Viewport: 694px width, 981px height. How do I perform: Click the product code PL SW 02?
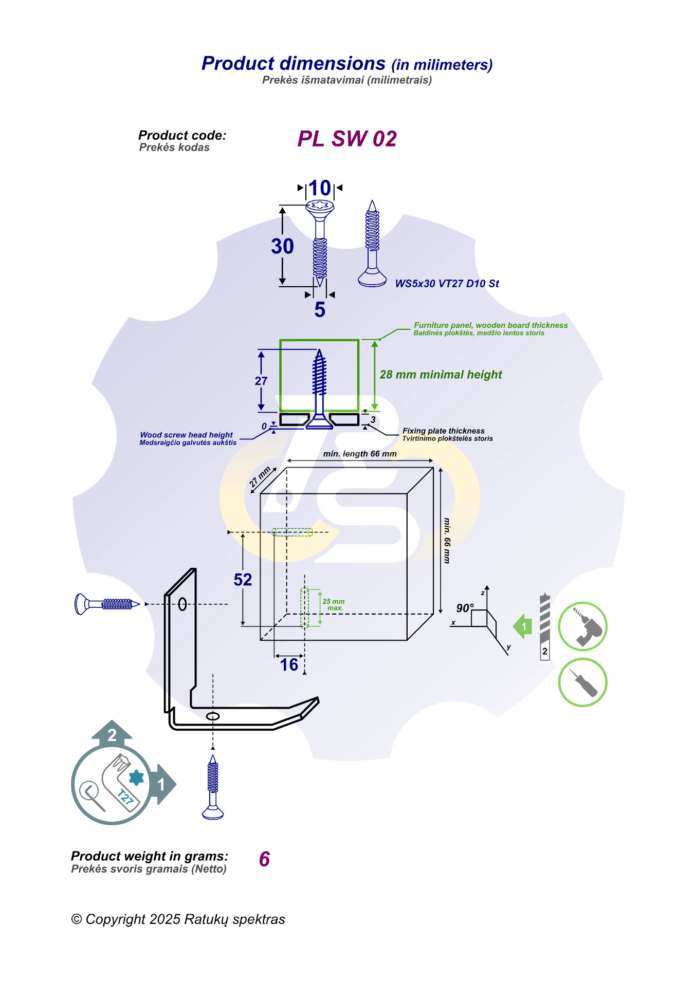347,139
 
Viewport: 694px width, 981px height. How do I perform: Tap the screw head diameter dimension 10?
320,188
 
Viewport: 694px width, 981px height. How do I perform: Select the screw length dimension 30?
282,246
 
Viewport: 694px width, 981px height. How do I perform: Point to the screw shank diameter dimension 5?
320,309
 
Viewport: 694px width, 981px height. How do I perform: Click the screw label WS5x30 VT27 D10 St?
447,284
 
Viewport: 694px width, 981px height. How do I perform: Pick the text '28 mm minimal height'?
441,375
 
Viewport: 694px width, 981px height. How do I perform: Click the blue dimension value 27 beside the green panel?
261,381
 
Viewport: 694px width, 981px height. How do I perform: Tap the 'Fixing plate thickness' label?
443,431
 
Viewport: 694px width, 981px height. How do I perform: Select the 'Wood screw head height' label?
186,435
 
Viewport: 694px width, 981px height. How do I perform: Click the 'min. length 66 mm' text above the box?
360,454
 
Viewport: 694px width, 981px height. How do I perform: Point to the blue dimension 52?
243,580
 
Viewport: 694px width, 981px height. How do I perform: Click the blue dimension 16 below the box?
289,665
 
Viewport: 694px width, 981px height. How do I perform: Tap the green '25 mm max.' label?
334,604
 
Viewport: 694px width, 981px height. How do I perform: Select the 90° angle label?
465,608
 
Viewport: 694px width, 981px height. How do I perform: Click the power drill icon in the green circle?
582,626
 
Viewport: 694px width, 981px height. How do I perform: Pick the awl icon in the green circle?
582,682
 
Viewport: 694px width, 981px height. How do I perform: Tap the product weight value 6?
264,859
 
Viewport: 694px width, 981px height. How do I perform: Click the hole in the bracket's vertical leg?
182,604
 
